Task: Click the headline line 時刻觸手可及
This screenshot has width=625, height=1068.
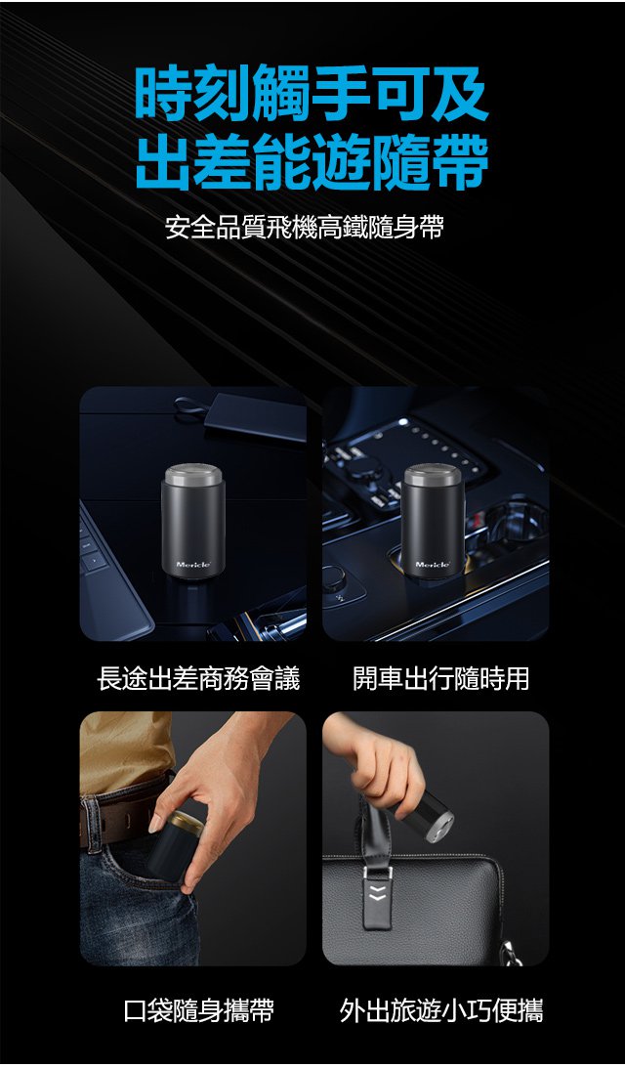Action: pos(312,95)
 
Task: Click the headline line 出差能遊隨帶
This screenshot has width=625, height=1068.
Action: pos(312,161)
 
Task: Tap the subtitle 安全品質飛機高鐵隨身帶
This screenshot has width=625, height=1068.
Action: pos(305,228)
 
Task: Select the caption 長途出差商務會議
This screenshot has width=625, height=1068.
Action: pos(198,678)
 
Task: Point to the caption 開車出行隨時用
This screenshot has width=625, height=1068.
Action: pos(440,678)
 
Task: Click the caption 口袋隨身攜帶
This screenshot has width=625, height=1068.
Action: pos(199,1010)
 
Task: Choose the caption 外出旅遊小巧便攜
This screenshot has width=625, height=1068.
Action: pos(441,1010)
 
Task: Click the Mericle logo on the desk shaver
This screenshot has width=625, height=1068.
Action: pos(193,565)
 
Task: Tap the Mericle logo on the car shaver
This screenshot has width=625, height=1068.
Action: pos(433,565)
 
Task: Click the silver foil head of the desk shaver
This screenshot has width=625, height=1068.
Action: pos(193,475)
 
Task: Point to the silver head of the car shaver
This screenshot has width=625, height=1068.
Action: pos(433,475)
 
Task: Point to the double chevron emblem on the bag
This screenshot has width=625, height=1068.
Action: pos(377,894)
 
